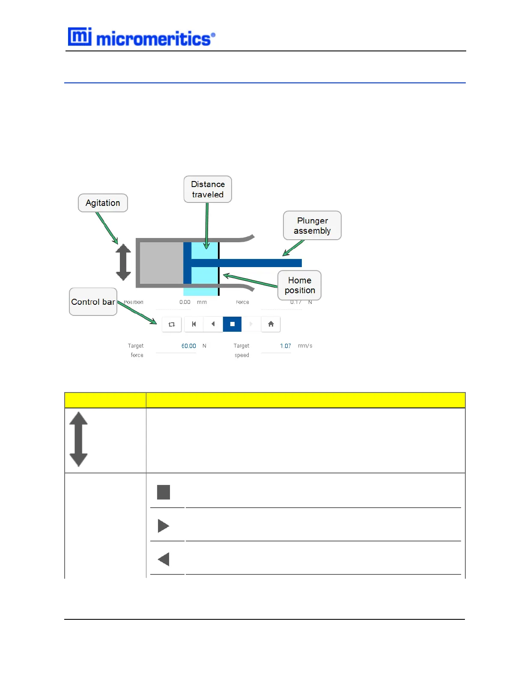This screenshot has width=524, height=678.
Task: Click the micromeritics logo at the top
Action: click(141, 38)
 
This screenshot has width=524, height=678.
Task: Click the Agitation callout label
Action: click(103, 203)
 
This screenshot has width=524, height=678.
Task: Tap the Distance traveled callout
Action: click(208, 189)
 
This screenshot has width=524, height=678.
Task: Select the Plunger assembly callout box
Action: click(312, 226)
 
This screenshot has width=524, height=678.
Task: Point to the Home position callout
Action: click(300, 285)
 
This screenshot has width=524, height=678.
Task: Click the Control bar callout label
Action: click(93, 302)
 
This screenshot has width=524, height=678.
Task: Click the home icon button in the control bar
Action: click(271, 324)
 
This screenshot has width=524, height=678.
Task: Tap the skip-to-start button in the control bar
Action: click(194, 324)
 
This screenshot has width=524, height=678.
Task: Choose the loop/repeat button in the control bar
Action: click(172, 324)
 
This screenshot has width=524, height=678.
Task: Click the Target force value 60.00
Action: click(189, 346)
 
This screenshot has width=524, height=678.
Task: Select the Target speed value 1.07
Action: click(286, 346)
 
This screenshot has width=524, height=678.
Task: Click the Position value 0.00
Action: click(185, 302)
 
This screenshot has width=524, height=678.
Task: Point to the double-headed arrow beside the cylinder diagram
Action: click(123, 262)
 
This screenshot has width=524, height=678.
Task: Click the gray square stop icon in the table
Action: click(164, 492)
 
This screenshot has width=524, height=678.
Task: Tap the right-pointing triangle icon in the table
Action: click(163, 526)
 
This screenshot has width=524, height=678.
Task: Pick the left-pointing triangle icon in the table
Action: click(164, 559)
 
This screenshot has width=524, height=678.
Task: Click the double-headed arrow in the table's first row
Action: click(78, 439)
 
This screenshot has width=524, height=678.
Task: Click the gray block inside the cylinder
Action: click(161, 263)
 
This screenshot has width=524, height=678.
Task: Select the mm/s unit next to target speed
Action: click(305, 346)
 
